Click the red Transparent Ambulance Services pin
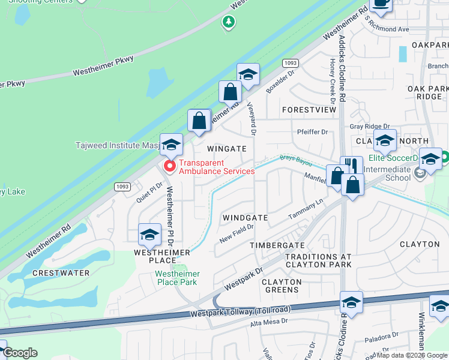[x=169, y=166]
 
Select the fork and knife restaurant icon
[x=352, y=166]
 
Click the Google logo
[x=19, y=352]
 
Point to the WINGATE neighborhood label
[x=226, y=148]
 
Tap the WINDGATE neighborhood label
[x=245, y=217]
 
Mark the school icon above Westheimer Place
[x=149, y=234]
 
